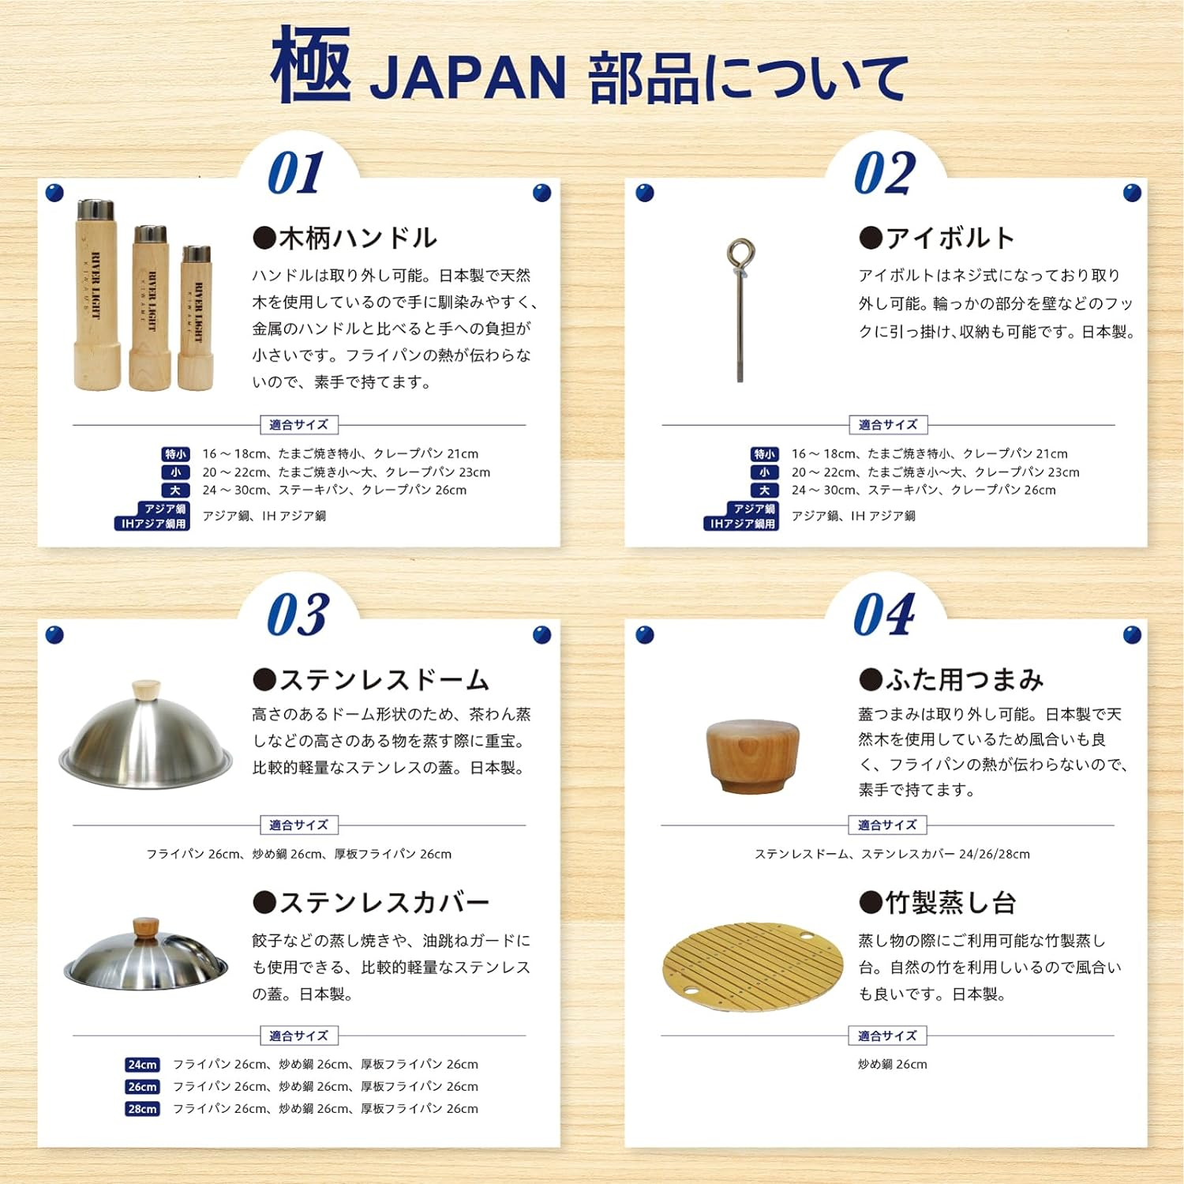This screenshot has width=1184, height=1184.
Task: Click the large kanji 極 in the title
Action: point(310,66)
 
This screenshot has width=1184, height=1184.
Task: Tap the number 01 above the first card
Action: point(296,173)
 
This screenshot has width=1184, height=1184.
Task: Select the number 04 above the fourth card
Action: point(884,615)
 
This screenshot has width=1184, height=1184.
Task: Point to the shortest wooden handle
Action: point(197,318)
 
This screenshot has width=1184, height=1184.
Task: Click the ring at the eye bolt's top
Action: point(740,254)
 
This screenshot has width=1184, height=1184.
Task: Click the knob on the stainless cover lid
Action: point(145,927)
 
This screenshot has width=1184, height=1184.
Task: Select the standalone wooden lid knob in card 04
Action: point(751,755)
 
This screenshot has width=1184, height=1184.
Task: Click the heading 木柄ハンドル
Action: point(344,238)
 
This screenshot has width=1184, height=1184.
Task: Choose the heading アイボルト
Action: point(937,238)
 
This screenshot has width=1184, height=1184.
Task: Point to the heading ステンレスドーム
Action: point(371,680)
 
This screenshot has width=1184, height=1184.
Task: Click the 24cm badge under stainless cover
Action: point(142,1065)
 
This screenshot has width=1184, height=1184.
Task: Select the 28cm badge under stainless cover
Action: point(142,1109)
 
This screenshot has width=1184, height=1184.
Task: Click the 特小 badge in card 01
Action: point(175,454)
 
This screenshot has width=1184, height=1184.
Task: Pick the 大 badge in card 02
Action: point(764,491)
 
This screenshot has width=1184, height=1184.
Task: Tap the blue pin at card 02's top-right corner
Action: point(1132,193)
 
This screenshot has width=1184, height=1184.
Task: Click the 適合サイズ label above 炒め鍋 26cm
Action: point(887,1036)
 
